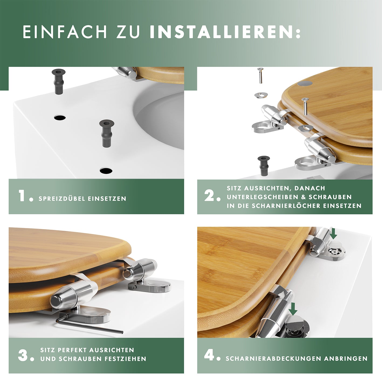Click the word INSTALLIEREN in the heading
[x=221, y=32]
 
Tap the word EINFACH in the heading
[x=65, y=32]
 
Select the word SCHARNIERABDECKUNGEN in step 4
[x=273, y=359]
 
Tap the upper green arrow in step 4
[x=334, y=233]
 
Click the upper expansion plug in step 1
[x=58, y=82]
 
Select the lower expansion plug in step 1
[x=106, y=133]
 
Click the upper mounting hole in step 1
[x=60, y=118]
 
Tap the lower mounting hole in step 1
[x=106, y=170]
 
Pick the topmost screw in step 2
[x=260, y=75]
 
